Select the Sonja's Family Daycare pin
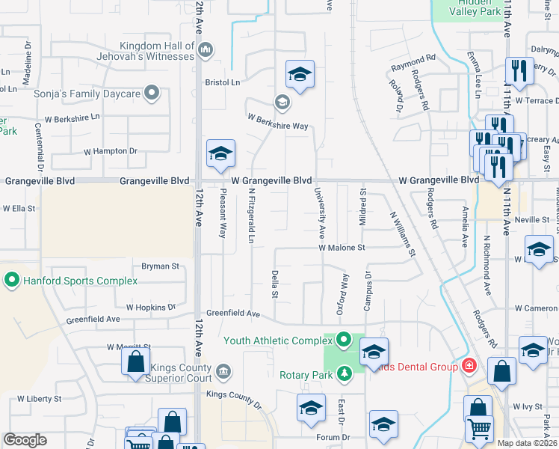pos(152,94)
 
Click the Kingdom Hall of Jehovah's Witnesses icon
pos(206,51)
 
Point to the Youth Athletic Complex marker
pos(344,340)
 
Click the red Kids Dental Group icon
pos(469,366)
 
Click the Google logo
pos(25,440)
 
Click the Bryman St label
pos(161,266)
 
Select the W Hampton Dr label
pos(111,150)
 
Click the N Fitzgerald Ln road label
pos(252,216)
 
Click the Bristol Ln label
pos(223,82)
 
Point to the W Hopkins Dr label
pos(150,307)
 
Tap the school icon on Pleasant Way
pos(220,154)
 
